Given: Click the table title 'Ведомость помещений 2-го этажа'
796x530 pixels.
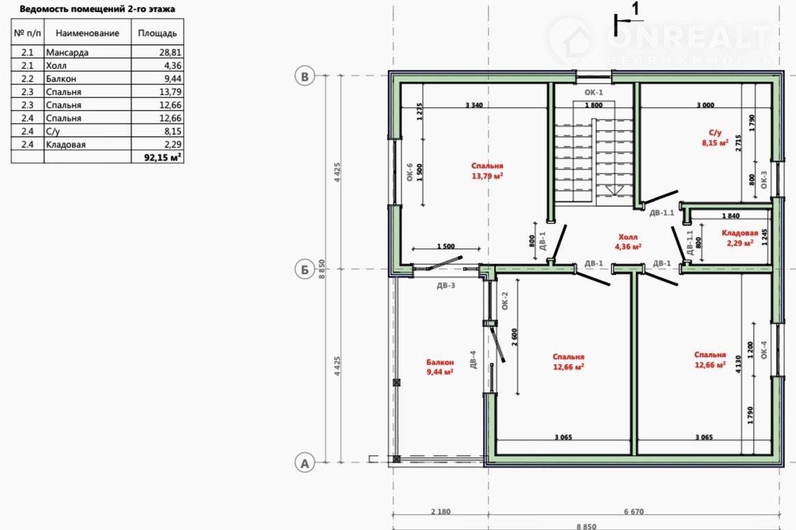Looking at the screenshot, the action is tap(97, 9).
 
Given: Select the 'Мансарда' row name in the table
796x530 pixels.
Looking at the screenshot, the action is tap(67, 53).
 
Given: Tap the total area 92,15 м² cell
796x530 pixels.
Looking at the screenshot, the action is tap(162, 157).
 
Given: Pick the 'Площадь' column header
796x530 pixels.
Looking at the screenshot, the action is tap(158, 33).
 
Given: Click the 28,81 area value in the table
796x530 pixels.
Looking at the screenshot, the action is tap(170, 53).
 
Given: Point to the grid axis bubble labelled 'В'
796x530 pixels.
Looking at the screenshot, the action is tap(305, 76).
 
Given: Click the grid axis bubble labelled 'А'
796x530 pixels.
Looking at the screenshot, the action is tap(305, 463).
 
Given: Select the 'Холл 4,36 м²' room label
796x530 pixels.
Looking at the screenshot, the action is tap(628, 242).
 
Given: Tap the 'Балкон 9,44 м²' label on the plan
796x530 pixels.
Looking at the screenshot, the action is tap(440, 367).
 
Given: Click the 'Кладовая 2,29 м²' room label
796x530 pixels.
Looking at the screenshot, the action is tap(739, 238).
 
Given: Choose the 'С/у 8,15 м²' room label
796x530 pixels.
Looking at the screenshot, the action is tap(715, 138).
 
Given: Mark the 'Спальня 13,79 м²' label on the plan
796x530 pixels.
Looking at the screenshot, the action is tap(487, 171).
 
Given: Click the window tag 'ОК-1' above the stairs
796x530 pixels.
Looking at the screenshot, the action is tap(594, 93).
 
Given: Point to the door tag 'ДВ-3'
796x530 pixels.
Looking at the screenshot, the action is tap(446, 286).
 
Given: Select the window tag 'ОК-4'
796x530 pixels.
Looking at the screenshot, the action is tap(764, 350).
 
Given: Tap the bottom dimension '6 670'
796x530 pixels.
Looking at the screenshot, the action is tap(634, 512).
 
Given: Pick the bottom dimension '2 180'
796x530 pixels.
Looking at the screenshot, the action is tap(441, 512).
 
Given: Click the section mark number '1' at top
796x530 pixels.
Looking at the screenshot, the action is tap(634, 8).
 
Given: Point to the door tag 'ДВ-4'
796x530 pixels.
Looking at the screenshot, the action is tap(473, 359).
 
